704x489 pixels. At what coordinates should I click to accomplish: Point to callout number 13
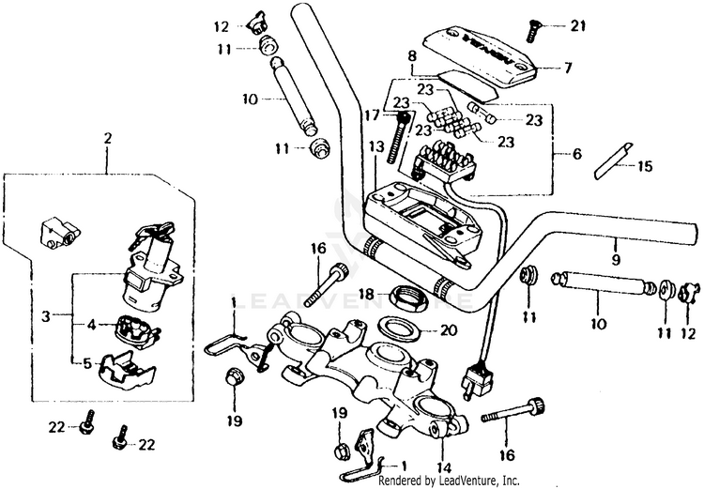(x=375, y=147)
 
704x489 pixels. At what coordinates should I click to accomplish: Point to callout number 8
(x=411, y=56)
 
